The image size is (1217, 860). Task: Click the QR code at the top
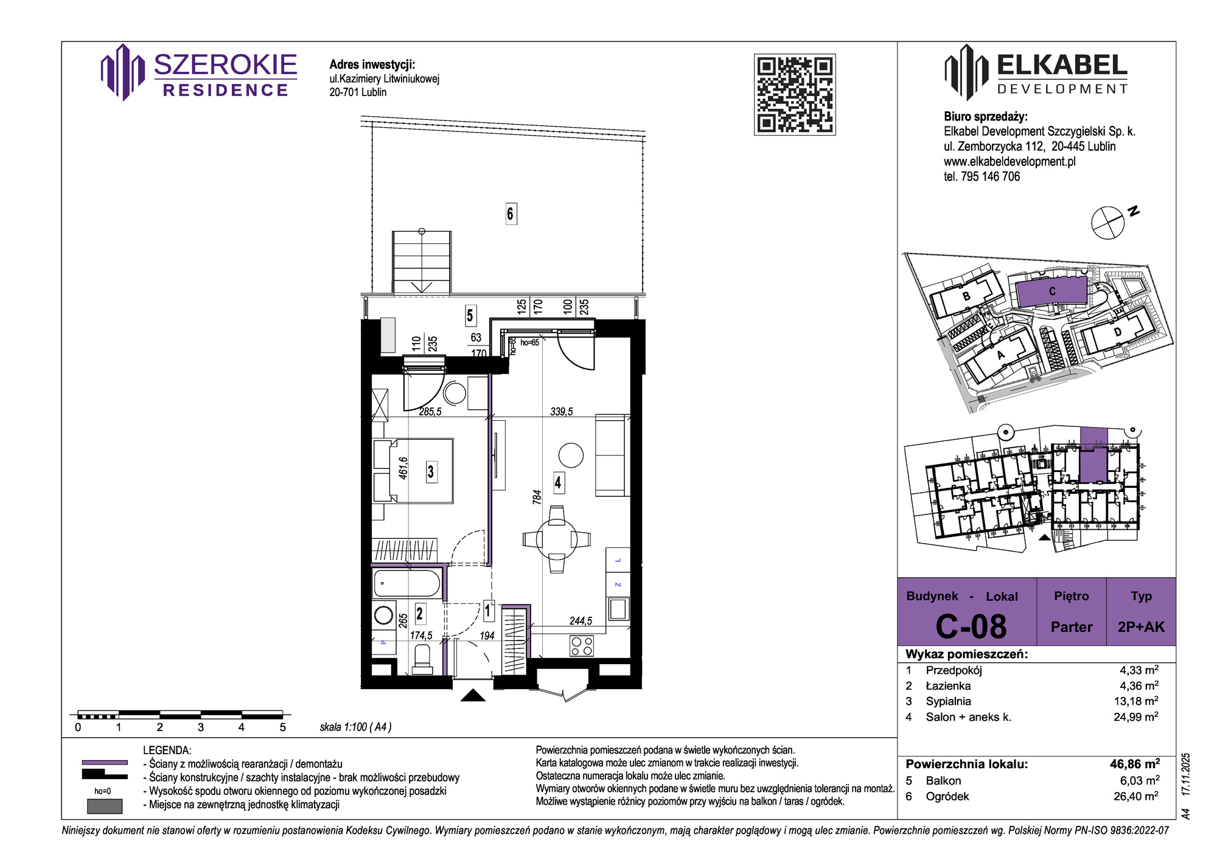point(795,94)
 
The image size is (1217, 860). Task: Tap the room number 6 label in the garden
point(511,213)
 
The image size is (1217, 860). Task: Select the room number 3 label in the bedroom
point(431,471)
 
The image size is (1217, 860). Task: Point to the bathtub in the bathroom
point(406,583)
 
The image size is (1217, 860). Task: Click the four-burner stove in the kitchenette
point(582,646)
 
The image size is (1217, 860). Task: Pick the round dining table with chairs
point(556,539)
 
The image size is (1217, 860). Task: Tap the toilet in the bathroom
point(422,659)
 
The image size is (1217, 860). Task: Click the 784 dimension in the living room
point(537,498)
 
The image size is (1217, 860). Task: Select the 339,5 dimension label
point(562,412)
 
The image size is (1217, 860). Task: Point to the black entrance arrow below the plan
point(473,695)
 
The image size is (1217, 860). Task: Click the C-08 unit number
point(971,626)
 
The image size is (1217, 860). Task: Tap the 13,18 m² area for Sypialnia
point(1136,701)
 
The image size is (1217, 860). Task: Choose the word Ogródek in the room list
point(947,796)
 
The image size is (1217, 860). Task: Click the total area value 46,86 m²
point(1135,764)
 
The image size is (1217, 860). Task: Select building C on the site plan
point(1051,291)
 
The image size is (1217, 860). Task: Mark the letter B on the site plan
point(966,297)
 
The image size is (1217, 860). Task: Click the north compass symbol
point(1107,223)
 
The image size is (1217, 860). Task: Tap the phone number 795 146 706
point(990,176)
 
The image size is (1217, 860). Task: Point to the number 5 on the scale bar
point(282,727)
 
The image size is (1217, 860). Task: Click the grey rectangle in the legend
point(105,806)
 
